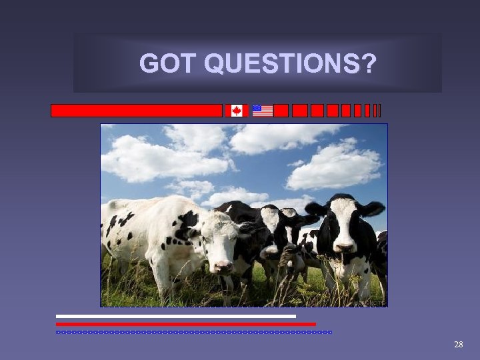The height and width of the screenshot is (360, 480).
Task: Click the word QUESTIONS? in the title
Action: point(290,64)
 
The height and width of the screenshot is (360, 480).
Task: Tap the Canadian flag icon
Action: point(237,111)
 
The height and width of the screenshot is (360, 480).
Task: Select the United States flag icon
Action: point(263,111)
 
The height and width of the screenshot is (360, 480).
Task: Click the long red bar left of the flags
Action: point(136,111)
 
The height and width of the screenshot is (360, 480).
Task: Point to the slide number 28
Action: point(458,344)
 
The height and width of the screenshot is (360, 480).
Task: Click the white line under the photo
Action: point(175,316)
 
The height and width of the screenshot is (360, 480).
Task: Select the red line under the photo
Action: point(185,324)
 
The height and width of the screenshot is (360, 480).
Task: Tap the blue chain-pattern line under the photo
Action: point(193,332)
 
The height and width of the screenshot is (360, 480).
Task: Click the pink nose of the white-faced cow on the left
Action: point(222,266)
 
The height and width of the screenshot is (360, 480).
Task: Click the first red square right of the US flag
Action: point(281,111)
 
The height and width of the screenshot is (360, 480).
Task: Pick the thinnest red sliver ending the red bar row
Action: point(379,111)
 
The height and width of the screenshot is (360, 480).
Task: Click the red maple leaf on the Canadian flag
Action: point(237,111)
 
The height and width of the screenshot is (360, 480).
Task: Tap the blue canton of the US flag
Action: point(257,108)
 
